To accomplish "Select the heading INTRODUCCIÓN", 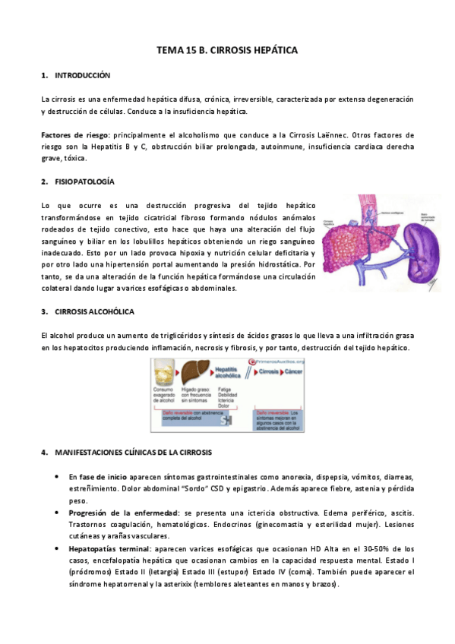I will tap(83, 76).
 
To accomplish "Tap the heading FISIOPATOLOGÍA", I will tap(85, 182).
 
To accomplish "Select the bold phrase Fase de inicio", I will tap(94, 476).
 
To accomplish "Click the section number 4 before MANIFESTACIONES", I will tap(44, 453).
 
